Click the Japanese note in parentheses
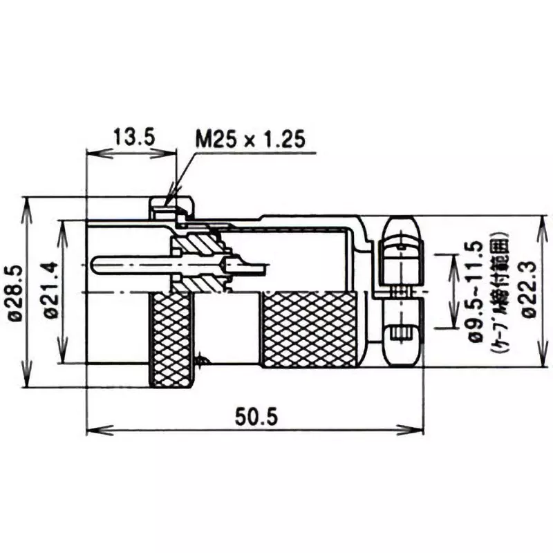503,294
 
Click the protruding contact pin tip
97,265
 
